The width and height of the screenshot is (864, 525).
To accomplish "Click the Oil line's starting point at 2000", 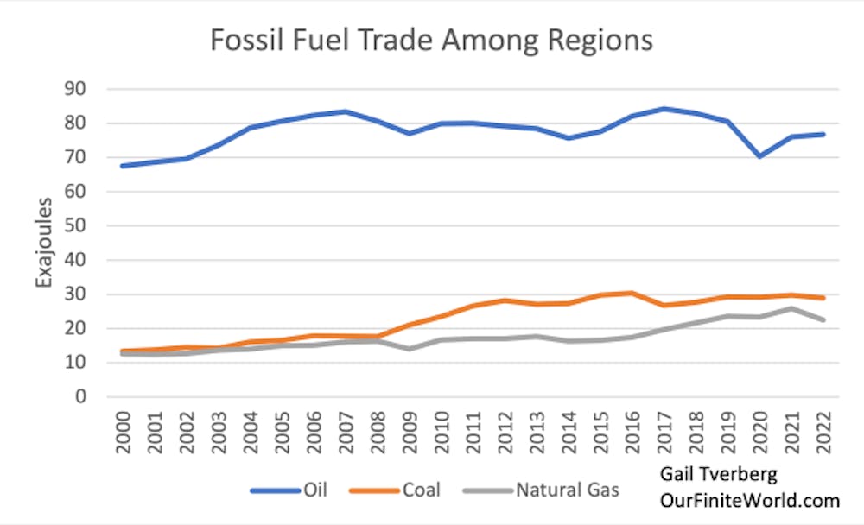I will (121, 166).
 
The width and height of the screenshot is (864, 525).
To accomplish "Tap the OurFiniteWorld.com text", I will (750, 501).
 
